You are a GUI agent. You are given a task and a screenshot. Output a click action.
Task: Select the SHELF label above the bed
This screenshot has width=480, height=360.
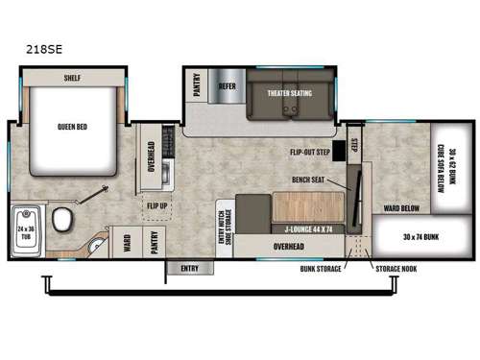(x=73, y=78)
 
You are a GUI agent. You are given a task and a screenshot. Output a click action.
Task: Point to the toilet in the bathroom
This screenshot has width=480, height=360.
(x=63, y=221)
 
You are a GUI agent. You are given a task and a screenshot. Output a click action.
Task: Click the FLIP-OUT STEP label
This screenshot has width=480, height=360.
(x=309, y=151)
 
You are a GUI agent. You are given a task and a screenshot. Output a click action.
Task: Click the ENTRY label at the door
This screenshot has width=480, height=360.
(x=190, y=268)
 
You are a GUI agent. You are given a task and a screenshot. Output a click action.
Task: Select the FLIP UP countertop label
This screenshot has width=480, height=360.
(x=156, y=205)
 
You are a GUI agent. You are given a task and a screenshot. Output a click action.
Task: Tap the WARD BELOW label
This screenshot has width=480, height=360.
(x=398, y=204)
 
